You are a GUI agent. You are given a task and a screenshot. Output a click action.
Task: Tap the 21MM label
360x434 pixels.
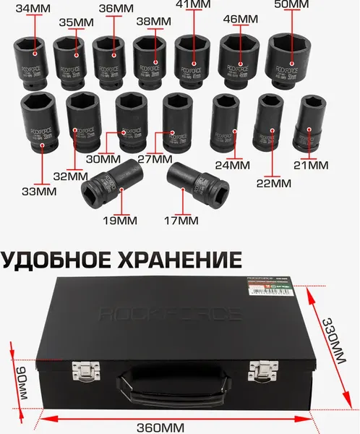point(309,166)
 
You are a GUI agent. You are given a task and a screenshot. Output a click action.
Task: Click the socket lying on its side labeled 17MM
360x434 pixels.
point(192,184)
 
